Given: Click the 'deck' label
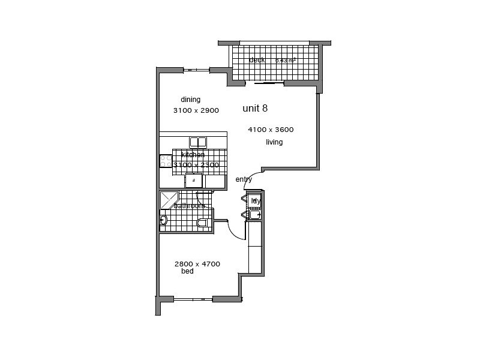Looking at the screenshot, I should (x=257, y=59).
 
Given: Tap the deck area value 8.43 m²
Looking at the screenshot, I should (x=286, y=61).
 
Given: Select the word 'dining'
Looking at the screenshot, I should (x=190, y=100).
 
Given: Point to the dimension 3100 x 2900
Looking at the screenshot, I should (x=196, y=110).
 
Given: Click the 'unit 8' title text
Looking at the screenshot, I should (x=255, y=109).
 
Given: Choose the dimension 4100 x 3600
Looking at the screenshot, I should (x=271, y=130).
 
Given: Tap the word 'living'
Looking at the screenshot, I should (x=274, y=142).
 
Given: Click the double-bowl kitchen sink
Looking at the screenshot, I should (x=198, y=142).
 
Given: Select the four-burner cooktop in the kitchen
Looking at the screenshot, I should (x=166, y=161).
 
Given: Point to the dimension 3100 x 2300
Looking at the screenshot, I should (x=196, y=164).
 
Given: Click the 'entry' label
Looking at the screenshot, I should (x=244, y=179).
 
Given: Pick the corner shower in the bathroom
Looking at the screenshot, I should (x=169, y=200).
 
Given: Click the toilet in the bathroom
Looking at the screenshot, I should (x=202, y=223).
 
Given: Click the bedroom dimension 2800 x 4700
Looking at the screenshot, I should (x=197, y=264).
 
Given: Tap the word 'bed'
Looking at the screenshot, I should (x=187, y=272).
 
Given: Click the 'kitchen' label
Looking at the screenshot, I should (x=193, y=155).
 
